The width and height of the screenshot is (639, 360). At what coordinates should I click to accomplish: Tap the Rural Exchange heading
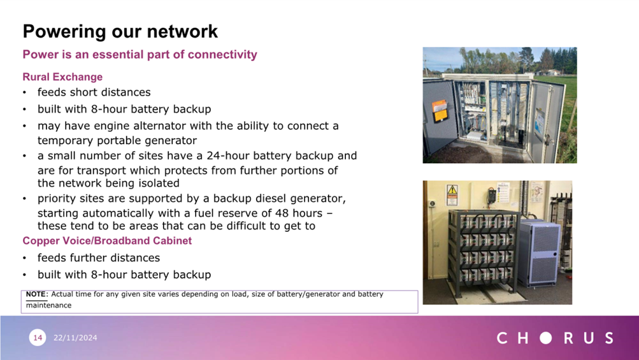pos(62,77)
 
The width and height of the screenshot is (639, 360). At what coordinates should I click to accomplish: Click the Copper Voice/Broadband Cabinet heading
pos(107,241)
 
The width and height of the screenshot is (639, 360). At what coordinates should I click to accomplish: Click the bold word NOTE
pos(36,294)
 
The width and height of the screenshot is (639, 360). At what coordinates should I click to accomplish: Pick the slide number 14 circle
pos(38,338)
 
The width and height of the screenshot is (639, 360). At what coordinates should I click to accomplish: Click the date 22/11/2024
pos(75,338)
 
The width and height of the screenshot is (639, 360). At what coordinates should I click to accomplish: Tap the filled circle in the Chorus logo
pos(546,338)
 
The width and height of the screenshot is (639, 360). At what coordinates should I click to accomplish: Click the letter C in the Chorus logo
pos(503,338)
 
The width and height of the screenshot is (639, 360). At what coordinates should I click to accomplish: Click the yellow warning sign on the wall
pos(452,191)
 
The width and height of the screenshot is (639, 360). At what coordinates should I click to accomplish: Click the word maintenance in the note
pos(48,305)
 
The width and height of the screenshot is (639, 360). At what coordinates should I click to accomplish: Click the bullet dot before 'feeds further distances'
pos(25,258)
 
